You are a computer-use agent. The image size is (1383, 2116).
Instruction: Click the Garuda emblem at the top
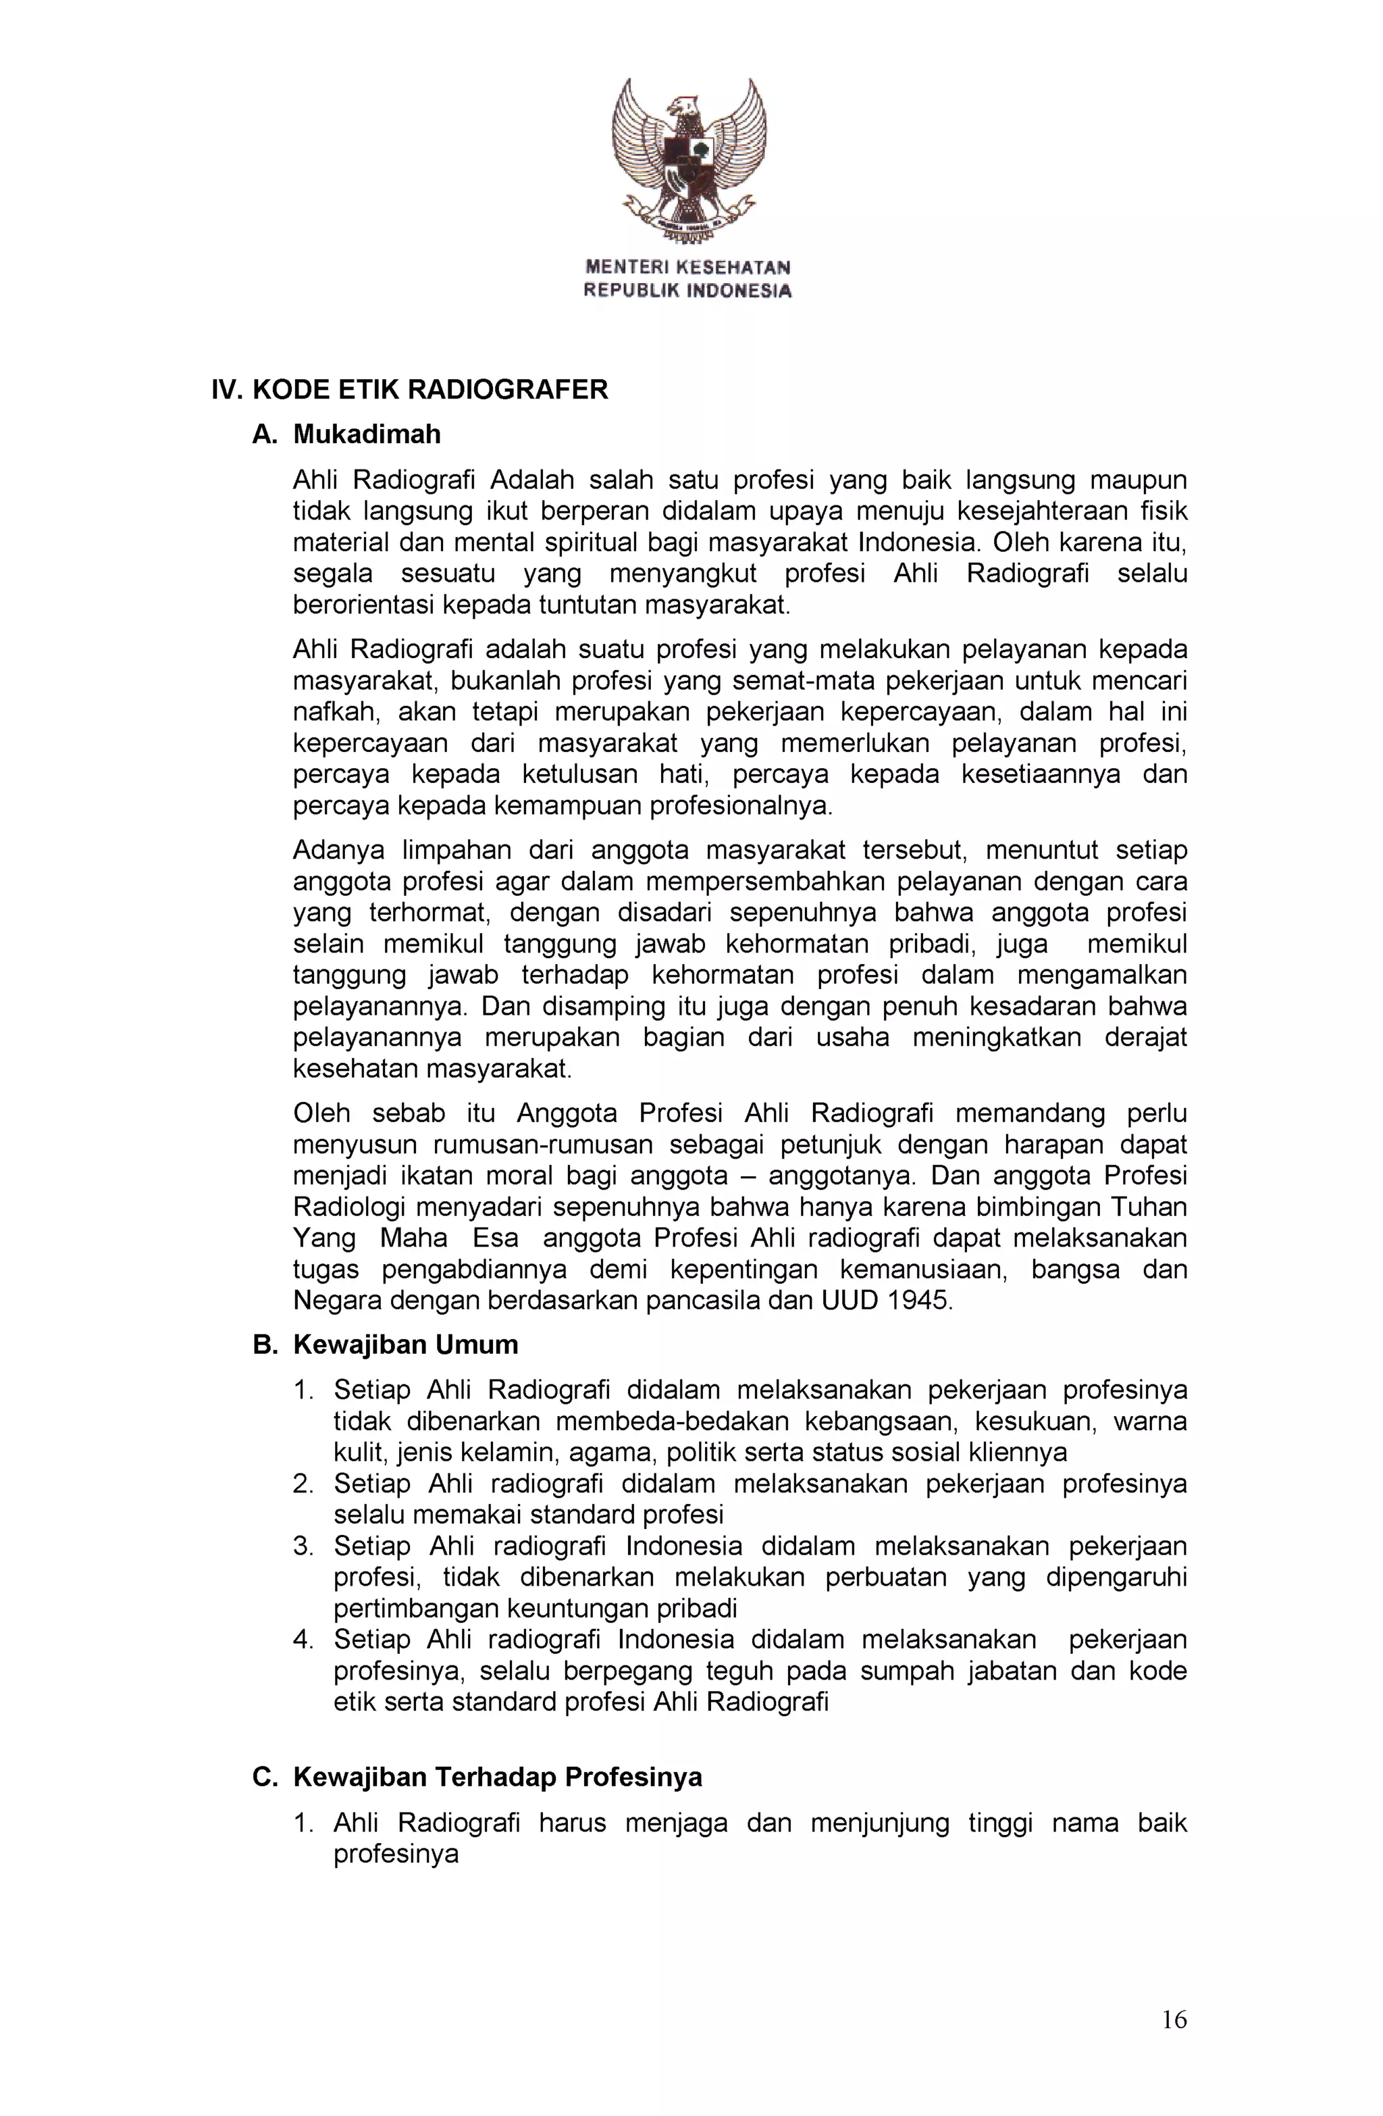(689, 160)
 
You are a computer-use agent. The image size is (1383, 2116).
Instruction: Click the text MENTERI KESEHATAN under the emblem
(687, 267)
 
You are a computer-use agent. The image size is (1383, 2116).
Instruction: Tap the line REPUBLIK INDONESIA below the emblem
(687, 290)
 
